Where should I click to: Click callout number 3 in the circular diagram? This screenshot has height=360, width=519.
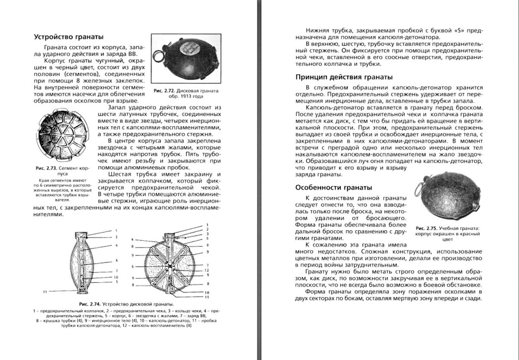pos(208,234)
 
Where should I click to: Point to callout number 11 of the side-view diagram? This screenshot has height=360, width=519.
pos(45,292)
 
